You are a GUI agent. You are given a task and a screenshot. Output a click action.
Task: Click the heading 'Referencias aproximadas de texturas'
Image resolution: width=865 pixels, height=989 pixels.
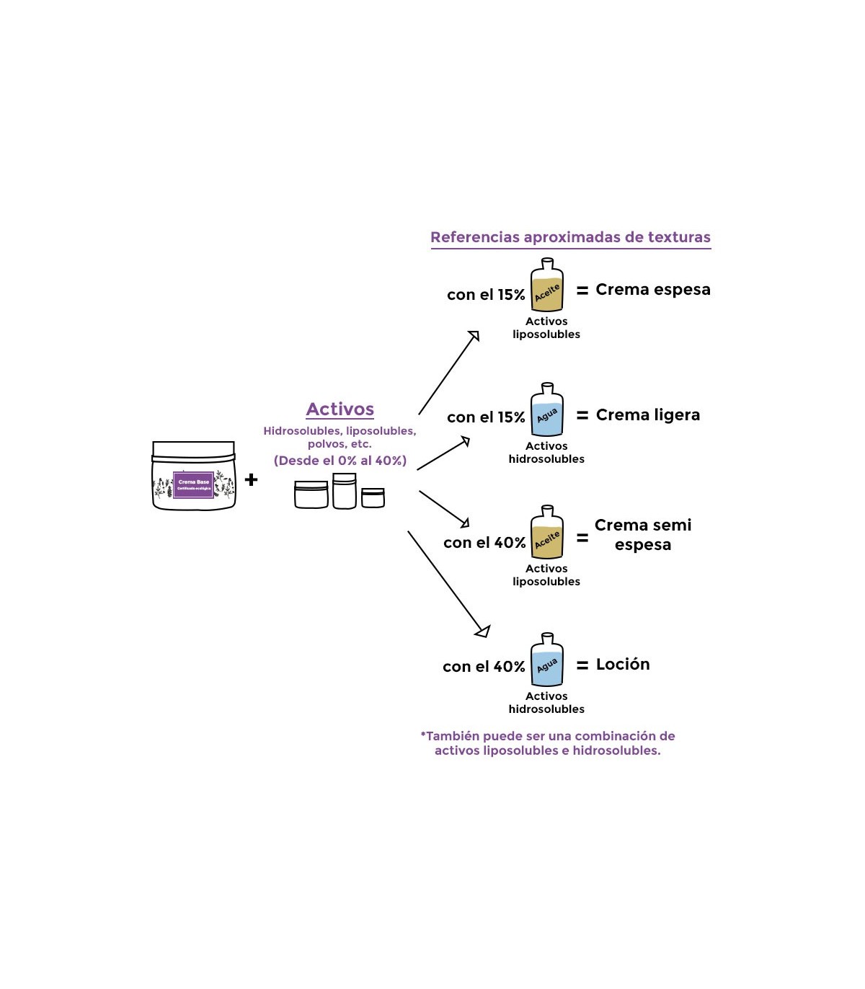570,237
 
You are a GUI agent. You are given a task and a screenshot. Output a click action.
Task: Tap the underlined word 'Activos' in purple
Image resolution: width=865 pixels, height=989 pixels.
340,409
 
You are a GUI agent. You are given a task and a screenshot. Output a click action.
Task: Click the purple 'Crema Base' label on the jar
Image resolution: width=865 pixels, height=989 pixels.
193,484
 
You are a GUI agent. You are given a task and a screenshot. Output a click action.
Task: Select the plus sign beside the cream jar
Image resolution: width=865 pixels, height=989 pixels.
251,480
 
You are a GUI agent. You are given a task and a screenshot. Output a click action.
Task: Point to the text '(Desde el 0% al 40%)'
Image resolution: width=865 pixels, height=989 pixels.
340,461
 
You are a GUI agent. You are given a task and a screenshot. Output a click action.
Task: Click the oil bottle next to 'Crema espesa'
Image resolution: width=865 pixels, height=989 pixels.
547,285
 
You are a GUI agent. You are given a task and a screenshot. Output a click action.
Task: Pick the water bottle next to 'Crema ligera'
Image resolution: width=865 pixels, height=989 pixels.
547,410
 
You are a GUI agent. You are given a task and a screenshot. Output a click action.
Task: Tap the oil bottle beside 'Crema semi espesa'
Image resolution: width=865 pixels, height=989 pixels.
547,533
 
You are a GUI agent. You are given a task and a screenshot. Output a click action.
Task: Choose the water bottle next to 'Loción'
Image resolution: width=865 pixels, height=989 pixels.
547,660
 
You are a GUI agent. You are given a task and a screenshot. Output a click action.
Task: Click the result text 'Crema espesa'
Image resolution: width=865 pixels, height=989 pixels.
653,290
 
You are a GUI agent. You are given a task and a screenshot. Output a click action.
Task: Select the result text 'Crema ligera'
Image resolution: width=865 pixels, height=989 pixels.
648,415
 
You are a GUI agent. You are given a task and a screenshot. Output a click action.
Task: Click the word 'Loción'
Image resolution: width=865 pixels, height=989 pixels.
623,665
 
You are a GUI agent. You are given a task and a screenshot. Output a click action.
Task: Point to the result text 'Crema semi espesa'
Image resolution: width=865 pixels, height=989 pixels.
643,535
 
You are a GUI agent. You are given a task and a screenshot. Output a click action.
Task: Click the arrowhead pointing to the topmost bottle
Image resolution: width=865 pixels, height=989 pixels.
474,335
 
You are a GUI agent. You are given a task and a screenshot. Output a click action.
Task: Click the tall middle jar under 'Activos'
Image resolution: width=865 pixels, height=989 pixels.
345,491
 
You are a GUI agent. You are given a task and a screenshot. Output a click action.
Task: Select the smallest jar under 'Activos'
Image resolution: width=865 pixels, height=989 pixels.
373,498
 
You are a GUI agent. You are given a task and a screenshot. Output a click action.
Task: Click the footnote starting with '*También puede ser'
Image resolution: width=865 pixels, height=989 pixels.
548,743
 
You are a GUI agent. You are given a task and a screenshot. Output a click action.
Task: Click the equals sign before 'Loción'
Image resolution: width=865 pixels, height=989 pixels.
582,665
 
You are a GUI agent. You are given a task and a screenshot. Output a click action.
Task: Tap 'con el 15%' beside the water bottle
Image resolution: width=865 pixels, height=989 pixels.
486,417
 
